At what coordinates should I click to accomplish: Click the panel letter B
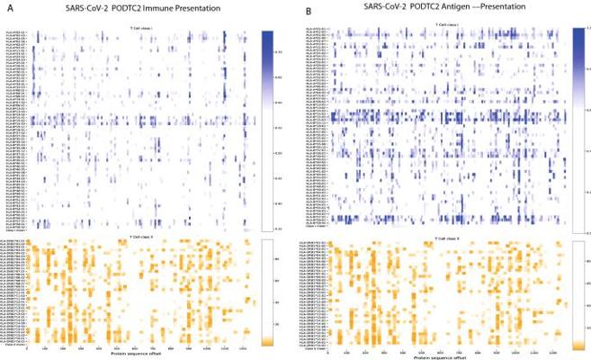(x=310, y=12)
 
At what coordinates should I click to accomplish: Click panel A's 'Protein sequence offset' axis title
(x=139, y=351)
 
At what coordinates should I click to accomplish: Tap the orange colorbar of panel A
(x=267, y=292)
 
